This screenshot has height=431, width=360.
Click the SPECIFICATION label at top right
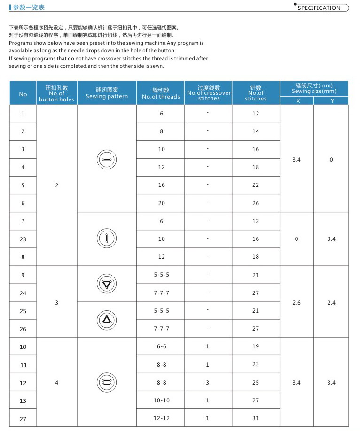[319, 8]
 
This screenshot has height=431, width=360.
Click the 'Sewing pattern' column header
[107, 93]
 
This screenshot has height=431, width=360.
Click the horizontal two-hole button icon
[107, 160]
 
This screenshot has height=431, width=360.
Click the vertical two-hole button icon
[107, 239]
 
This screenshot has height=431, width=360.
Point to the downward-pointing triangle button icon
[107, 284]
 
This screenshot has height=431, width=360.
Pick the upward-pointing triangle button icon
[107, 320]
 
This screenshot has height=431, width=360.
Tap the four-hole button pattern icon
[107, 382]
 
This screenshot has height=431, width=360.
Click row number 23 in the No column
[23, 239]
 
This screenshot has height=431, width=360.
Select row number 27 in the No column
[23, 419]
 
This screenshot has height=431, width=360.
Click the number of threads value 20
[161, 203]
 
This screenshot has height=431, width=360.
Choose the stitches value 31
[255, 418]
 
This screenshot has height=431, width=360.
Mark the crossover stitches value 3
[207, 383]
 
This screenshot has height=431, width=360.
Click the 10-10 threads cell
[161, 400]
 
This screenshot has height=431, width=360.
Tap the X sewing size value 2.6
[296, 303]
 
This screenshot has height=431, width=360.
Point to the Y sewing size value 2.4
[331, 303]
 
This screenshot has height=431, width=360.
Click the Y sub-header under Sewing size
[332, 101]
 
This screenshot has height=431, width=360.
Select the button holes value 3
[56, 303]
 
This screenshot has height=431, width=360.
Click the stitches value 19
[255, 346]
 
